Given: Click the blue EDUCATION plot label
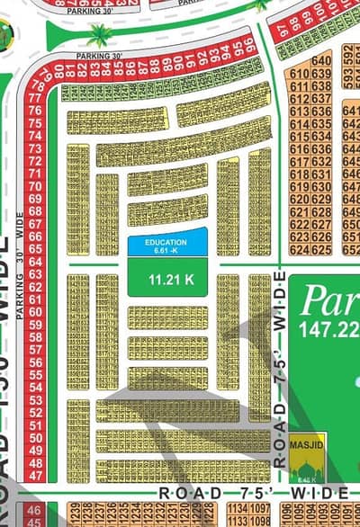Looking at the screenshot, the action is pos(167,243).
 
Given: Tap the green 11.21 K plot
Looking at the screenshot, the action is pos(167,279).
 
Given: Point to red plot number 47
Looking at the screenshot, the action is pos(37,474).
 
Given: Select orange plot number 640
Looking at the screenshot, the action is pos(322,60).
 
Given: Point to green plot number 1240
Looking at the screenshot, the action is pos(69,93).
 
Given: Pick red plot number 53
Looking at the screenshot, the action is pos(37,398).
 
